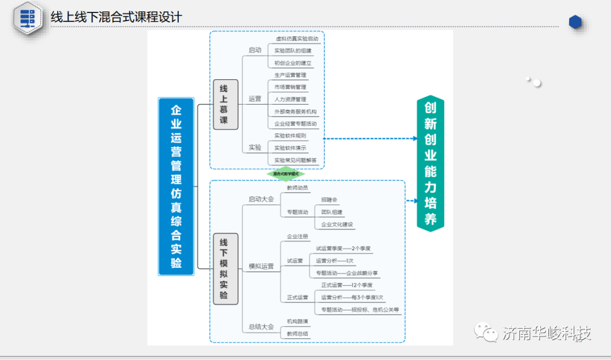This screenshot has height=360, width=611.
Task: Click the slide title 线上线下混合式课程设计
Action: [117, 18]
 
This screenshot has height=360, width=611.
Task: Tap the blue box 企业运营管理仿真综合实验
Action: [176, 186]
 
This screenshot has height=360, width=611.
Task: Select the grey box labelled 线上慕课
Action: [225, 105]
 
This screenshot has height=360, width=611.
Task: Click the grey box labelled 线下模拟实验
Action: [225, 269]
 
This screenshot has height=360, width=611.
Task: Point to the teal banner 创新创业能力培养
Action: [431, 163]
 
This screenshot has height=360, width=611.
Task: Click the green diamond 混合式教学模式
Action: [286, 174]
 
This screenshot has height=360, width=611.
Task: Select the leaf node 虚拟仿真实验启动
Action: [292, 39]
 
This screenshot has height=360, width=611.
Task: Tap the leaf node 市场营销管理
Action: [290, 87]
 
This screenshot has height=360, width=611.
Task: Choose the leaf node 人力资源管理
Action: [290, 100]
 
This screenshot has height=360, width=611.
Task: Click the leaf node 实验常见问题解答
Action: [295, 160]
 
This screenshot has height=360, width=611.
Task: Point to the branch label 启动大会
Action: [261, 199]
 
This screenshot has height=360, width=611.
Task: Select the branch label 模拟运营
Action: [261, 266]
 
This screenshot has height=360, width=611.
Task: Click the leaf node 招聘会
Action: [329, 200]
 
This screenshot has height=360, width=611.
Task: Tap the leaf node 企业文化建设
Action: [337, 225]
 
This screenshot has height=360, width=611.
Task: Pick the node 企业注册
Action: [298, 237]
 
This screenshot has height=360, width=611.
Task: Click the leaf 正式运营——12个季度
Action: [347, 285]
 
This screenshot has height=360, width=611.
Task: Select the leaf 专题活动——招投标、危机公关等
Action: [360, 310]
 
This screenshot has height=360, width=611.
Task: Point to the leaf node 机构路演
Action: [298, 322]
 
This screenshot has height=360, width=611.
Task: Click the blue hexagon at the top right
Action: [575, 22]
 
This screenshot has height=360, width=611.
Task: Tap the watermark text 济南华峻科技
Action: [547, 333]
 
